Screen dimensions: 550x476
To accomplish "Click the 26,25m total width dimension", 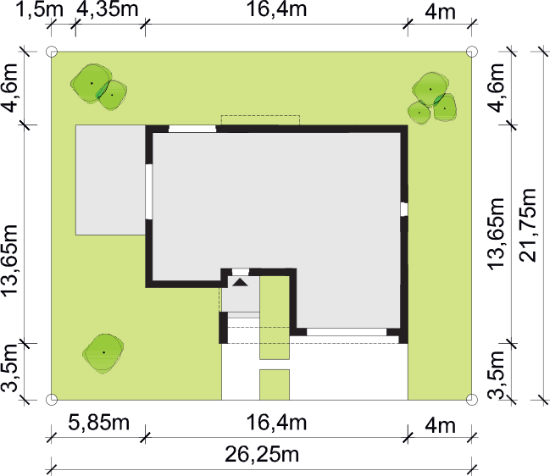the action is click(262, 455).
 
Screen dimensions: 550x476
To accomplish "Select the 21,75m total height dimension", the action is click(528, 225).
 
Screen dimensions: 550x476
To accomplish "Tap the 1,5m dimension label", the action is click(40, 9).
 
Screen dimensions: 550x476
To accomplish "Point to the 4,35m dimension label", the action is click(108, 9).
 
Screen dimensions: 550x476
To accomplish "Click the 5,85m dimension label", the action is click(99, 423).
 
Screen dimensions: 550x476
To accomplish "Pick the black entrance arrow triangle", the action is click(241, 282).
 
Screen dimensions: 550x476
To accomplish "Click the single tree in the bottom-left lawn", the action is click(103, 352).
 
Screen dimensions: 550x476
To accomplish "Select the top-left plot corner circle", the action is click(52, 52).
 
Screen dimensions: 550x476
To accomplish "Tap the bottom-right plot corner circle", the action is click(472, 400).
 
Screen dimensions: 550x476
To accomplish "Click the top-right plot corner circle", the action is click(472, 52).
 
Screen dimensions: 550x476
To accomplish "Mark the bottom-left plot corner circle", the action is click(52, 400).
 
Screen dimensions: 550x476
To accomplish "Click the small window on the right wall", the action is click(404, 209).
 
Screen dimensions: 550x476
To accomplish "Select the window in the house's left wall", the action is click(148, 191).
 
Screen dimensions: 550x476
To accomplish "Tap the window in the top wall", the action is click(192, 128).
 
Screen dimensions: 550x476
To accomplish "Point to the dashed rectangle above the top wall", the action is click(260, 120).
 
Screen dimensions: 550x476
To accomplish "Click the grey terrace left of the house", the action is click(110, 180).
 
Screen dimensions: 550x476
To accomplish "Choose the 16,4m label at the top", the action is click(277, 9).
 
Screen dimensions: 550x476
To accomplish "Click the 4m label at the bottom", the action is click(440, 425).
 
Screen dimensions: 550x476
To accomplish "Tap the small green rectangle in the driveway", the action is click(275, 385).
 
